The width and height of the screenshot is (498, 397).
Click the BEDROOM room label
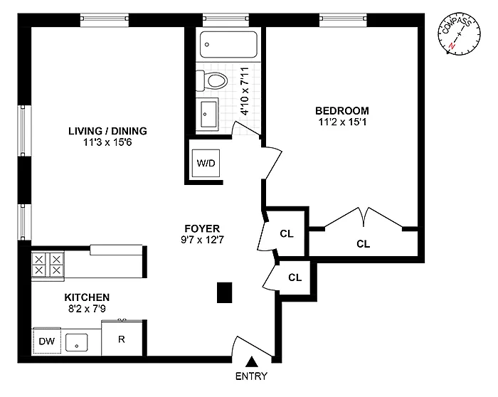(x=342, y=110)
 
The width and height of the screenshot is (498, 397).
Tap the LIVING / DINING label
(x=107, y=130)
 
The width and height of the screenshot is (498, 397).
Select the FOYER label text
(x=201, y=228)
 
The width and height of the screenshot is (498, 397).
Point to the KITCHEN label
(x=87, y=297)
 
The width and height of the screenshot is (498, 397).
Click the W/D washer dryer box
(x=206, y=164)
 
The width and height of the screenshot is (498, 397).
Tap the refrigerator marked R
(x=121, y=339)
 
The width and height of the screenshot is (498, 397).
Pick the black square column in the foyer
(x=225, y=292)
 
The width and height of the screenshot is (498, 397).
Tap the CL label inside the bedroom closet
(x=363, y=243)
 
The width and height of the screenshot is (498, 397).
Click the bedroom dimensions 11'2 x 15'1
(x=342, y=122)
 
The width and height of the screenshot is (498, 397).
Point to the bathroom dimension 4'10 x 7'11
(x=244, y=91)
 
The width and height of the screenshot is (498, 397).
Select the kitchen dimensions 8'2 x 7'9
(x=87, y=309)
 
